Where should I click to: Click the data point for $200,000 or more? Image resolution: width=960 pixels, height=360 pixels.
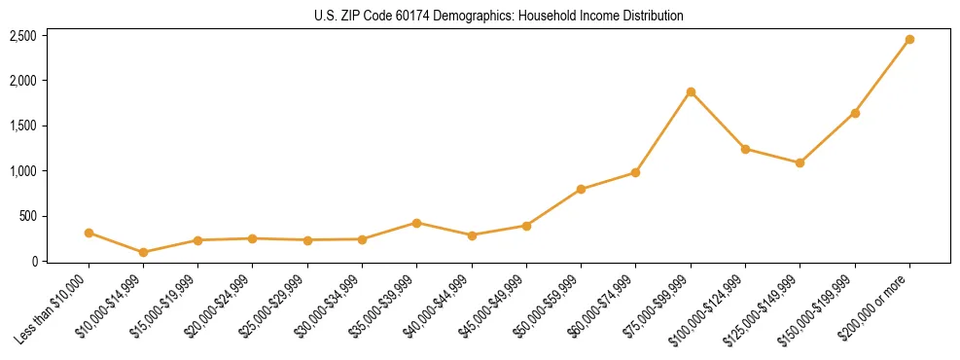909,40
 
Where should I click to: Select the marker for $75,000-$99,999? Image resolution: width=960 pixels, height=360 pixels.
691,91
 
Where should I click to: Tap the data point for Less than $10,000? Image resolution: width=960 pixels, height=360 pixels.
89,233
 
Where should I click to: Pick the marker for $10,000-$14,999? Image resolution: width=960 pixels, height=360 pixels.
143,252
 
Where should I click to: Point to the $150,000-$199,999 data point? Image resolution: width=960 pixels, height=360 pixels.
855,113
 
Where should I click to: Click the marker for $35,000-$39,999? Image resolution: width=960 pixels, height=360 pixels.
416,223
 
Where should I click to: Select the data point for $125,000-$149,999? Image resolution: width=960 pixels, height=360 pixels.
800,162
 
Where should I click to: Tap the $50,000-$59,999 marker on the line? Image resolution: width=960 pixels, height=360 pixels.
581,189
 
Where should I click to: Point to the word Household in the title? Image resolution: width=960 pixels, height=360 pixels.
550,16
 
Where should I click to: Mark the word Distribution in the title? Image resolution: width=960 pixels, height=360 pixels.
654,16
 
